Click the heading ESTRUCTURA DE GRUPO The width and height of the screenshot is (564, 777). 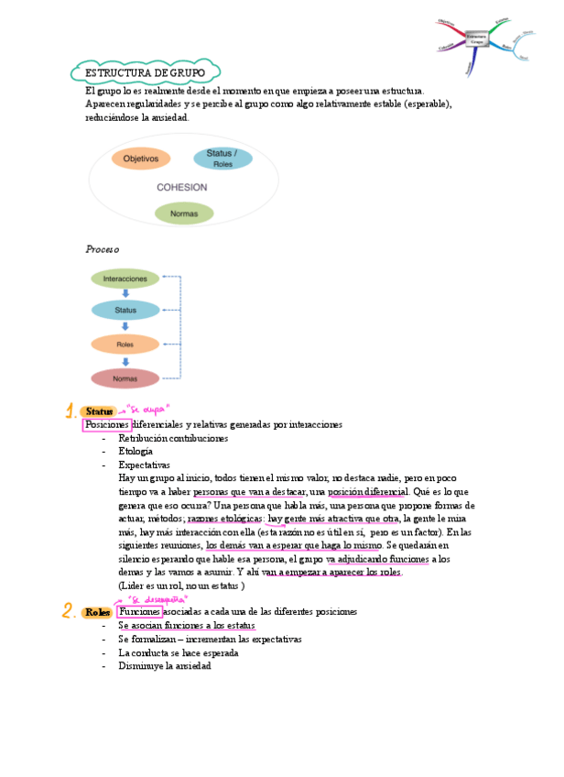coord(145,72)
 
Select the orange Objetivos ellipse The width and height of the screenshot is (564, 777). coord(141,159)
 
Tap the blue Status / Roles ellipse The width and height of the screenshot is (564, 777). coord(222,159)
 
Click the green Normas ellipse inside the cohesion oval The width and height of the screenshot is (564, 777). coord(184,214)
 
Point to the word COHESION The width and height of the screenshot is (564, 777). coord(181,187)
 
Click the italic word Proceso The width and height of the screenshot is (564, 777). coord(102,249)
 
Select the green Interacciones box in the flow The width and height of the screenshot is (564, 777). coord(125,278)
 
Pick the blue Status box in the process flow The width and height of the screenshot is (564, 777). coord(125,311)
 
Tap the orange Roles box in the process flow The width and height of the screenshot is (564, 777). coord(125,345)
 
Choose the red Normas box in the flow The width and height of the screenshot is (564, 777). coord(125,378)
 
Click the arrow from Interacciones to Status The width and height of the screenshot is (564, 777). coord(125,294)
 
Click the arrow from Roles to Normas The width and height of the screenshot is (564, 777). coord(125,361)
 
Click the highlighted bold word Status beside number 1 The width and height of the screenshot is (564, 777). coord(99,412)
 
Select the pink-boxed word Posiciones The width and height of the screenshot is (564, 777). coord(107,425)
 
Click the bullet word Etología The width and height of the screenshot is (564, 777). coord(136,451)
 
